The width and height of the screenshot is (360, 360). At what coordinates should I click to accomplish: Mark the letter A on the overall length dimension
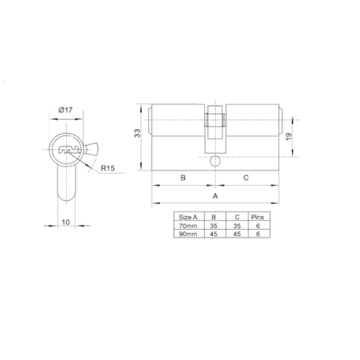214,196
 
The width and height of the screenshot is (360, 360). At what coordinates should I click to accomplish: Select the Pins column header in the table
259,218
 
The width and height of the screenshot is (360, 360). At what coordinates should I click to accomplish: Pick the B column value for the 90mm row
213,235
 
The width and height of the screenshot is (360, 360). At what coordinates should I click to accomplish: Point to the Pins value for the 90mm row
259,235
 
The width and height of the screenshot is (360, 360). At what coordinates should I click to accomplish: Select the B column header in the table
213,218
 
